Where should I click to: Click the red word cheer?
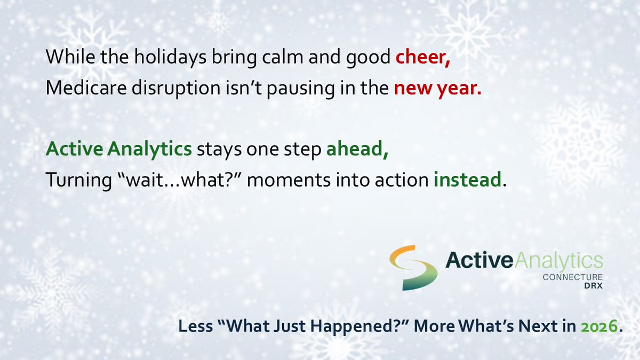[x=423, y=57]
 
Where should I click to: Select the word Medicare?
[x=86, y=87]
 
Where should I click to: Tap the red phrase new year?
[x=438, y=89]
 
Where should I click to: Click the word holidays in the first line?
[x=170, y=58]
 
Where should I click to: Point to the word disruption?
[x=176, y=89]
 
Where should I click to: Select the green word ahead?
[x=357, y=149]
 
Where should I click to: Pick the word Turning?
[x=78, y=181]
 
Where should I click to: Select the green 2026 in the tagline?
[x=599, y=326]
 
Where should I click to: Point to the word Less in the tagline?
[x=196, y=326]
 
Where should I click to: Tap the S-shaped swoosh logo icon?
[x=413, y=267]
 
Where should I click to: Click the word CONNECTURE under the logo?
[x=573, y=277]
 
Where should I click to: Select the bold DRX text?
[x=594, y=286]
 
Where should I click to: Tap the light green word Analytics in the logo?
[x=558, y=261]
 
